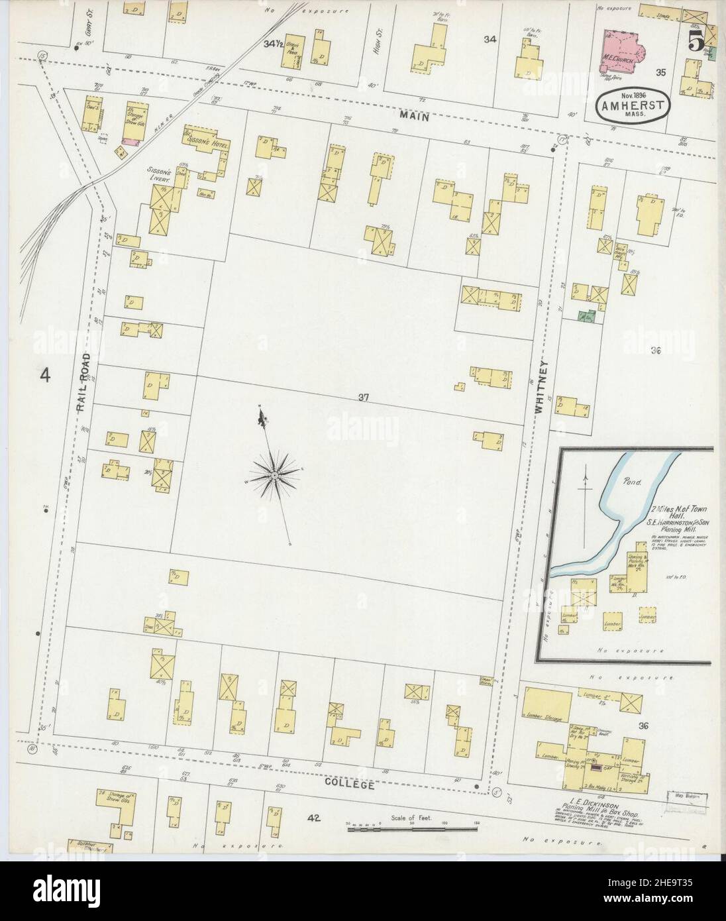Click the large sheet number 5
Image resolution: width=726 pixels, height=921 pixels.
(695, 42)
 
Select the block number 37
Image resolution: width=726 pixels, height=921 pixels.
(363, 398)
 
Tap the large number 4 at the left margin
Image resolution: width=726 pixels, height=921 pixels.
(45, 376)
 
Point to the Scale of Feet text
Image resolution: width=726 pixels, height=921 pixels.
(411, 818)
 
